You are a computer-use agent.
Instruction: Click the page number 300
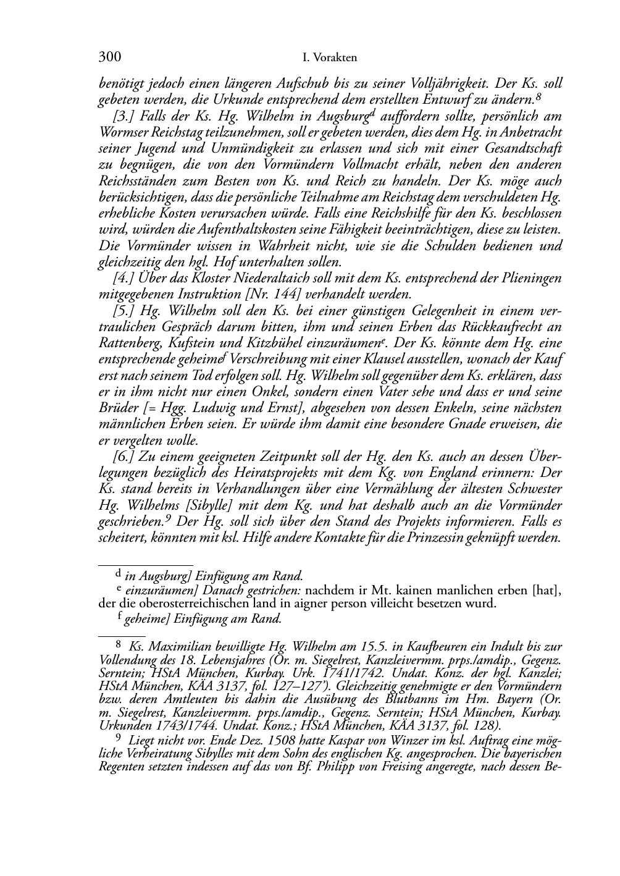109,58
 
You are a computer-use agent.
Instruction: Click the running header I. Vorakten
330,59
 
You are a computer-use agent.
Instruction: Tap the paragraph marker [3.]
124,116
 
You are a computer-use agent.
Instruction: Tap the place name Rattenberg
130,343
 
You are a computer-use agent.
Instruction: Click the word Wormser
123,132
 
